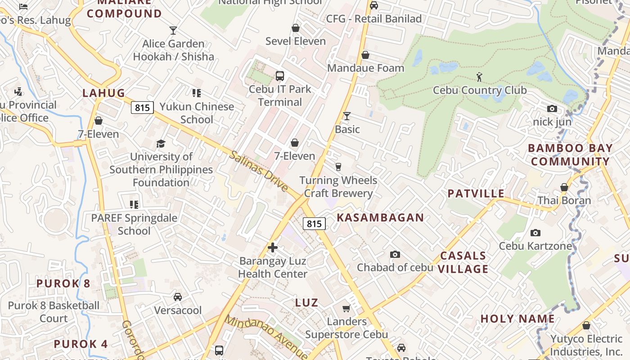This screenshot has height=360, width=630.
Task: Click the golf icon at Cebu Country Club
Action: click(x=479, y=76)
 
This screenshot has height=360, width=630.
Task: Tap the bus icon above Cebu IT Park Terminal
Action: click(x=279, y=76)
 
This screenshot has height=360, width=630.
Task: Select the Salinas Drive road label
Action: click(x=258, y=171)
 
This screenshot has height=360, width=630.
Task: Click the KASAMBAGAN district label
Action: click(x=380, y=218)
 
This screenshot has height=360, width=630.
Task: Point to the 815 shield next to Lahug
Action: click(x=143, y=107)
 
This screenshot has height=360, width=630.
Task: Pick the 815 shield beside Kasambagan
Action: click(x=314, y=224)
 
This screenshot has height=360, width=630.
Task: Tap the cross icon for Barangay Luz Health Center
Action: click(x=273, y=247)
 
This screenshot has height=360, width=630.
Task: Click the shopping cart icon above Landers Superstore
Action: click(x=346, y=308)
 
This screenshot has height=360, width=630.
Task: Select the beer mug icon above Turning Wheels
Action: click(x=338, y=167)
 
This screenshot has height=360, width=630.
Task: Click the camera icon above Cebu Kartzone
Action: click(x=535, y=233)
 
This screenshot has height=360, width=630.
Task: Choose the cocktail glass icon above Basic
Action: click(x=346, y=116)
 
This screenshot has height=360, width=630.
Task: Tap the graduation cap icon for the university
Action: click(x=161, y=144)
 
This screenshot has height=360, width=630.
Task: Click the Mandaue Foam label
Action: click(x=365, y=68)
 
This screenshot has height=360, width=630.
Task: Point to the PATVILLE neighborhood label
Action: click(x=476, y=193)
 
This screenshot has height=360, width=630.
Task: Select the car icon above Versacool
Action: click(x=178, y=297)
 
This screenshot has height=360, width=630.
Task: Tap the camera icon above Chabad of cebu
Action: click(x=395, y=255)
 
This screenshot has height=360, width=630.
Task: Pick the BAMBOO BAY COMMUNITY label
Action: click(x=570, y=155)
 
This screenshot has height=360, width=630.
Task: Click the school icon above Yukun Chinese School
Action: click(x=196, y=93)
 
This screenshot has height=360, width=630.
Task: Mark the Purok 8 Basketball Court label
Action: click(x=54, y=312)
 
